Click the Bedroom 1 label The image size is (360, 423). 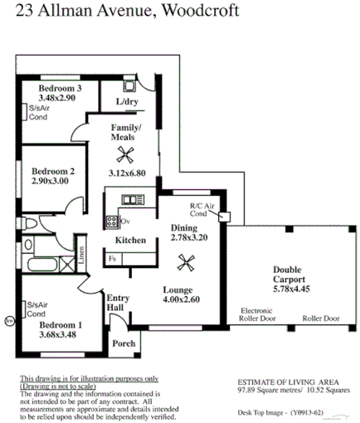point(58,324)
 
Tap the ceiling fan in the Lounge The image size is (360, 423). point(186,265)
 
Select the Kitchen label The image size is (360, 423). point(130,241)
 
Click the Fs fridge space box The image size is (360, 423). point(113,259)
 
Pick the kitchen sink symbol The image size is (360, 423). point(131,200)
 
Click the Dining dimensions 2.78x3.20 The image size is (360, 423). point(189,237)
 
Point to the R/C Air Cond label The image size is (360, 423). point(202,209)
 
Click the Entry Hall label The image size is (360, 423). point(117,303)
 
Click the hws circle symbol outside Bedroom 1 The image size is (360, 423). point(9,318)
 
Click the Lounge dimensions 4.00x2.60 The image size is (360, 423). point(181,299)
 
